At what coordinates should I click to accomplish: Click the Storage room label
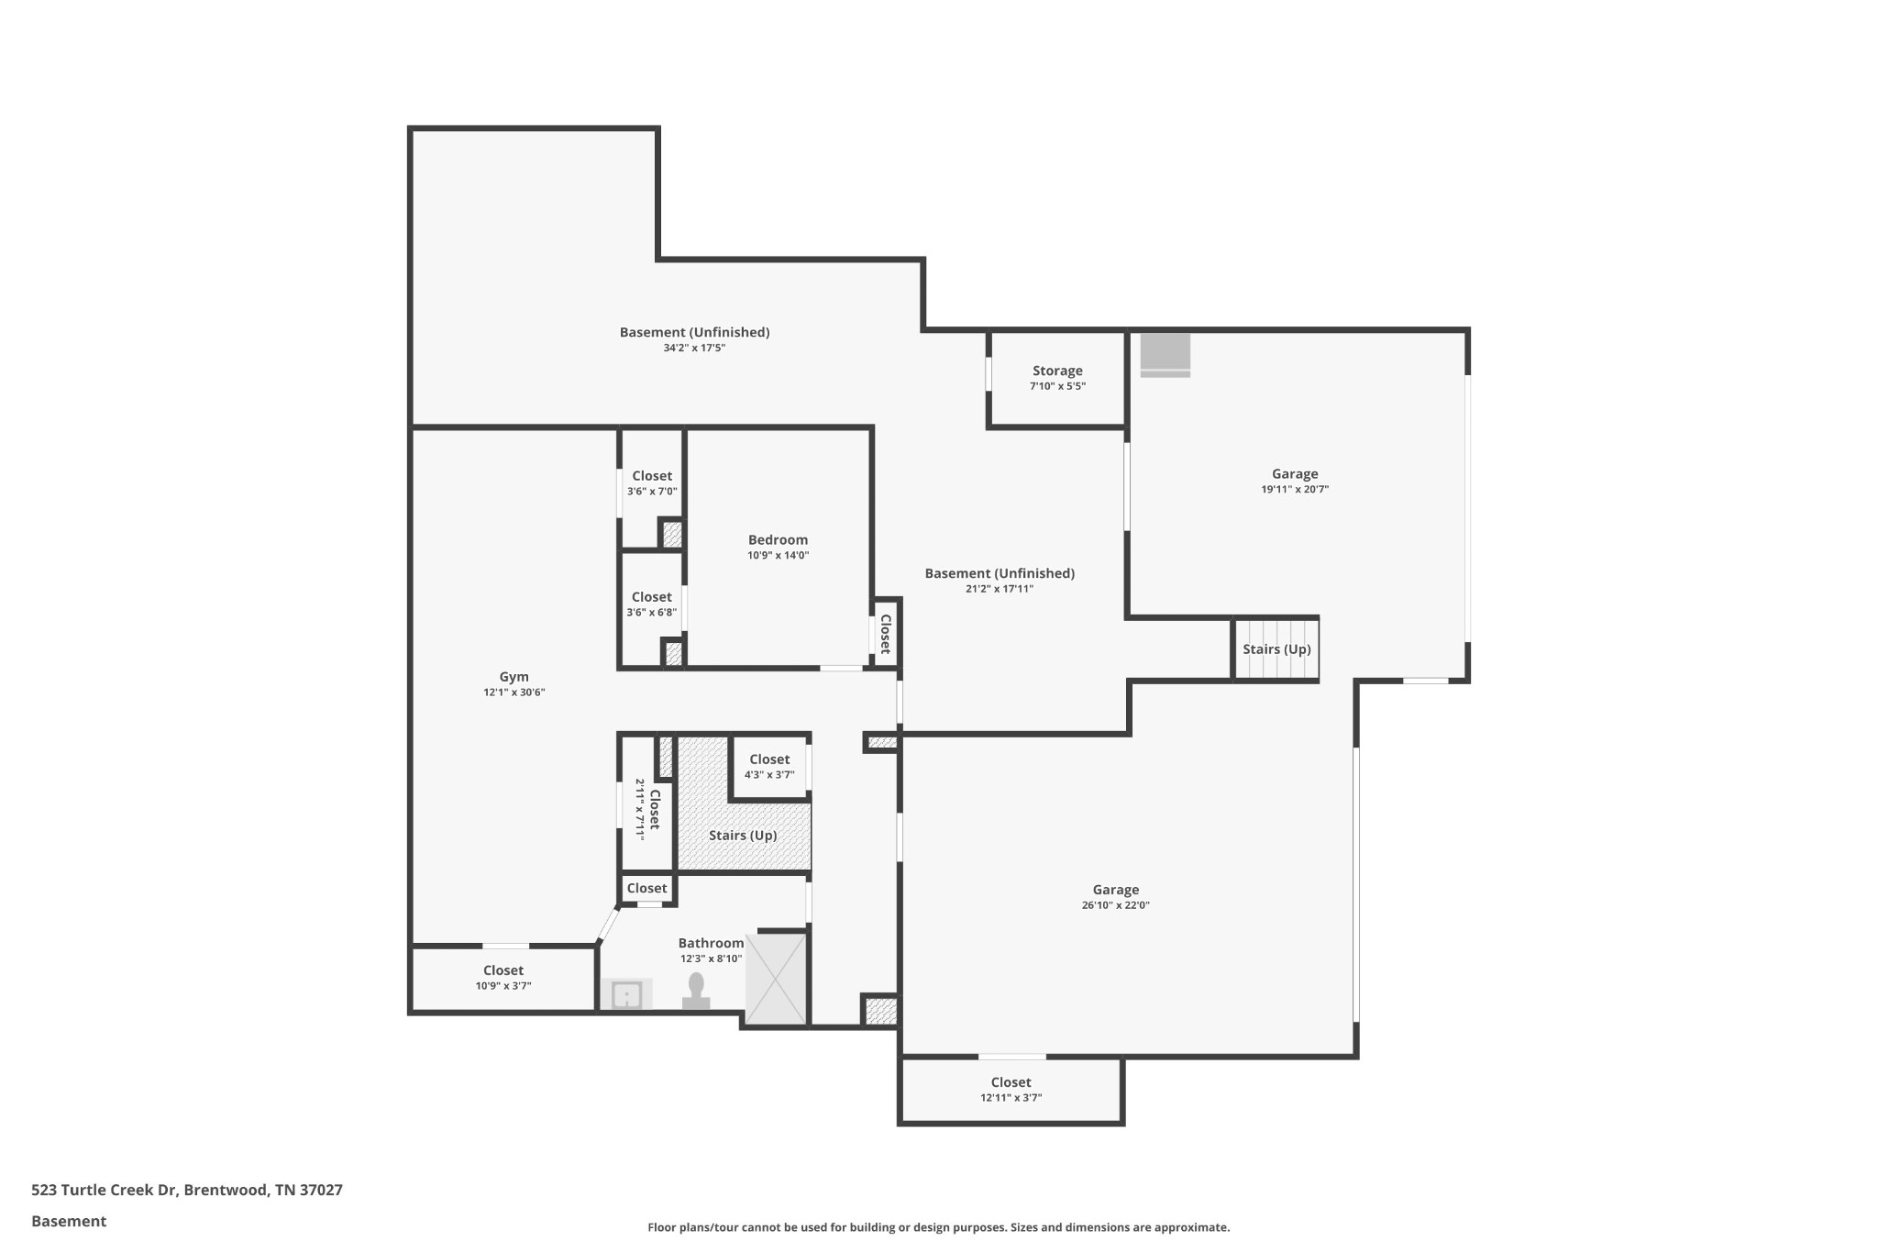click(x=1057, y=371)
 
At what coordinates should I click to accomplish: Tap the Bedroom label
click(x=778, y=539)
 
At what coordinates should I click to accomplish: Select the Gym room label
click(x=514, y=677)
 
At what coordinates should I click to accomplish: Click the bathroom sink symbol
click(x=627, y=994)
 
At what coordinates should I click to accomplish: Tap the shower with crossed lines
click(x=777, y=979)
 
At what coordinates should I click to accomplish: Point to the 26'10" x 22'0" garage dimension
click(x=1115, y=905)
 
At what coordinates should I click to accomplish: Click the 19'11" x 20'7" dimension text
click(x=1294, y=490)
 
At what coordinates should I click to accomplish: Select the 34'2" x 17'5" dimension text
click(x=694, y=349)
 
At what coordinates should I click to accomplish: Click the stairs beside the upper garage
click(x=1276, y=649)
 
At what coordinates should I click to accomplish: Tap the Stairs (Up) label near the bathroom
click(x=743, y=836)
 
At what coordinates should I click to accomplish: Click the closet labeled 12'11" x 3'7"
click(x=1011, y=1089)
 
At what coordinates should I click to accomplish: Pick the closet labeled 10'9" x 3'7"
click(x=503, y=978)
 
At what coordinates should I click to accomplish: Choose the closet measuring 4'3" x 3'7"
click(x=768, y=766)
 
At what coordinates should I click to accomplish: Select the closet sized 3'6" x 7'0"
click(x=651, y=482)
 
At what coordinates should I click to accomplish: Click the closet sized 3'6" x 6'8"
click(x=651, y=604)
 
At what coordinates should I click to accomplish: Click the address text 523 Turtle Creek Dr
click(x=186, y=1190)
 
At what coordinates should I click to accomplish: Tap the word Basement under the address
click(x=69, y=1221)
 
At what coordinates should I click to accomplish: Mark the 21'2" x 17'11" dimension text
click(x=999, y=589)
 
